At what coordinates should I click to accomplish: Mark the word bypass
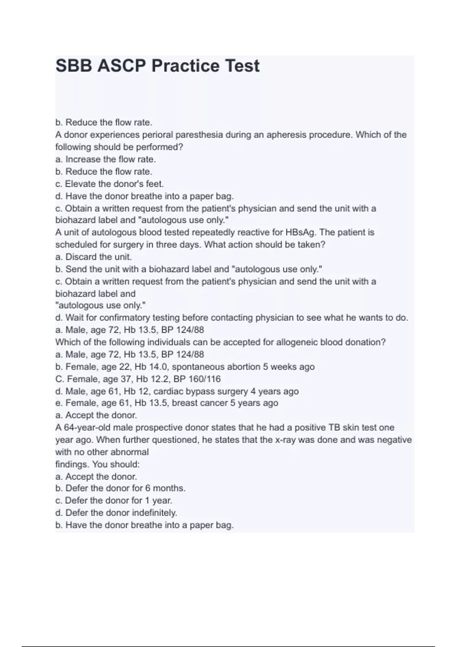tap(198, 391)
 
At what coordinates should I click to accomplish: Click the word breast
tap(185, 403)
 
